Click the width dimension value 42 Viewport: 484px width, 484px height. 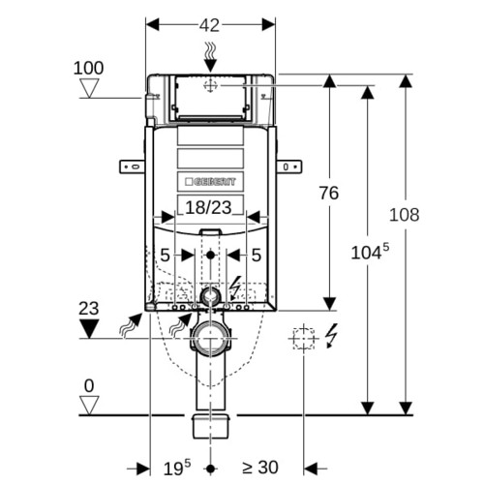209,25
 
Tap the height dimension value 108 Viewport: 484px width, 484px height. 405,215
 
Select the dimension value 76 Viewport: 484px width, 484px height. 329,193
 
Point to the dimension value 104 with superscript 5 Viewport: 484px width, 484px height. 370,252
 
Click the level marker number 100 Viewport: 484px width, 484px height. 88,68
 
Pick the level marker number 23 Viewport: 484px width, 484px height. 89,309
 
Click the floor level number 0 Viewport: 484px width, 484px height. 89,385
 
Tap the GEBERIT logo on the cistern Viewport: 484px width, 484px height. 210,182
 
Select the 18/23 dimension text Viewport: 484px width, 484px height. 208,207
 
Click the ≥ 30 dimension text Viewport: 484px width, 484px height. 260,468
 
